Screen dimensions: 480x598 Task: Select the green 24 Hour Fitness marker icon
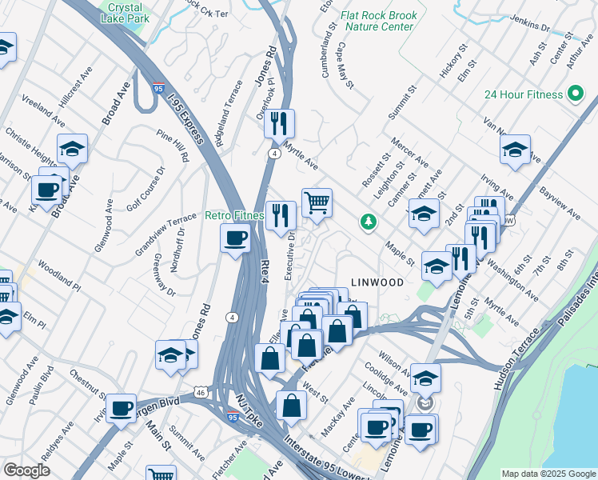[x=574, y=94]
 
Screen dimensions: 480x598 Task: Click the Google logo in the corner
[x=26, y=470]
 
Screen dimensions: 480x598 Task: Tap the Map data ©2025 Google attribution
[x=548, y=474]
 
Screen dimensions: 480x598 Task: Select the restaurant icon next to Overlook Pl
[x=279, y=123]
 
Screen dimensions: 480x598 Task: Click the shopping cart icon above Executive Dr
[x=317, y=202]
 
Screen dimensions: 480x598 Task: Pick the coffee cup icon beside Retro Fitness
[x=235, y=238]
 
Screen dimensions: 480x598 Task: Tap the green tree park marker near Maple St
[x=368, y=221]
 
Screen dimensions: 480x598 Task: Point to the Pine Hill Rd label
[x=173, y=146]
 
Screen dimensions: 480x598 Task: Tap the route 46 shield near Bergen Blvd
[x=203, y=392]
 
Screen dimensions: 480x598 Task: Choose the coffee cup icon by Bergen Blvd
[x=122, y=408]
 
